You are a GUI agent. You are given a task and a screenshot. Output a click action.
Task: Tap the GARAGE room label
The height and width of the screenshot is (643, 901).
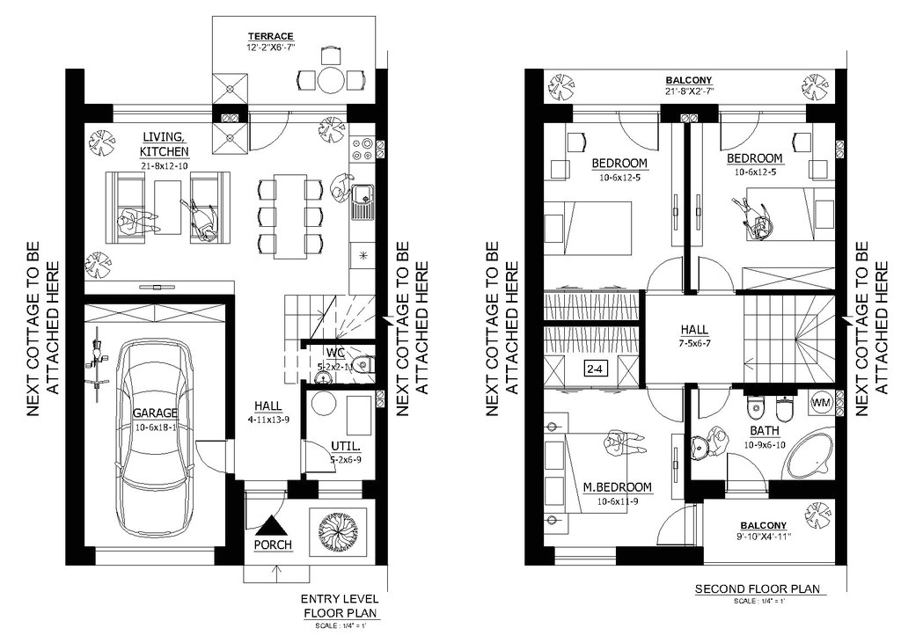pyautogui.click(x=155, y=412)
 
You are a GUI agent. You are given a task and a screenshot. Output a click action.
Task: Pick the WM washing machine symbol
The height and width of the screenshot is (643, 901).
pyautogui.click(x=820, y=402)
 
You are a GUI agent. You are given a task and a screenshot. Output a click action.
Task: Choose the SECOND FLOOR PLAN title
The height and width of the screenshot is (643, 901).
pyautogui.click(x=757, y=588)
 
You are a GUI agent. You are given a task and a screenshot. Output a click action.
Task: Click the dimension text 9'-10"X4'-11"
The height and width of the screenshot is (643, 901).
pyautogui.click(x=763, y=536)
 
